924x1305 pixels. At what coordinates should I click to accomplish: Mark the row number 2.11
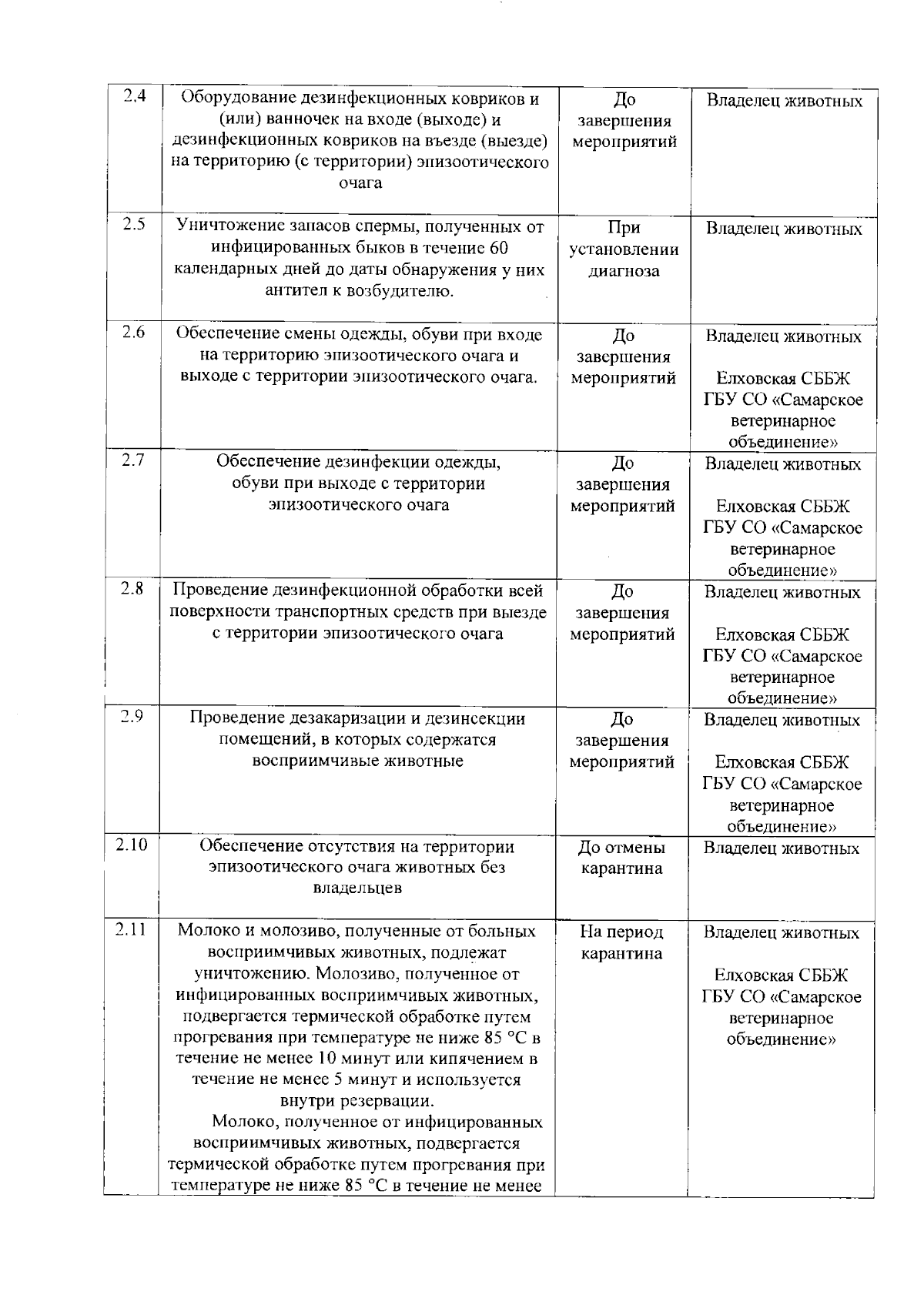[x=131, y=929]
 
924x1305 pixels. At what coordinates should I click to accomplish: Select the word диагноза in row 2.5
[x=624, y=271]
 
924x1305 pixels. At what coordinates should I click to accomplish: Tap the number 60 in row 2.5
[x=498, y=248]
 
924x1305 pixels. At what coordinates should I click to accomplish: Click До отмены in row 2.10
[x=621, y=848]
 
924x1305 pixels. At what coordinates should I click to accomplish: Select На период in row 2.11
[x=621, y=932]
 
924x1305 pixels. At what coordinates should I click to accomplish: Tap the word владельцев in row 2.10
[x=357, y=888]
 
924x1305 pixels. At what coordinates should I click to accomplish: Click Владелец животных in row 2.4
[x=785, y=101]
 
